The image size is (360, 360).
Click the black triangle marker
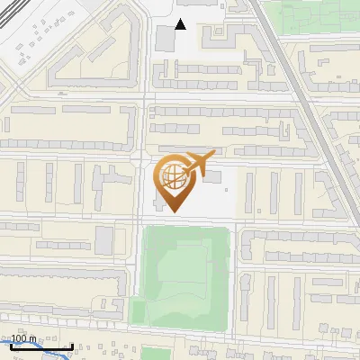point(181,25)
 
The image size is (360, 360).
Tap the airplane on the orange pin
point(199,162)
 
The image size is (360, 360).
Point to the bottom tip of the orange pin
point(174,212)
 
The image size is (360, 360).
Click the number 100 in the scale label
point(22,339)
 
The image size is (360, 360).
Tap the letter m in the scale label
point(34,339)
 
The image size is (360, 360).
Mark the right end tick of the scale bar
point(72,346)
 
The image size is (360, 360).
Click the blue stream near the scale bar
point(36,352)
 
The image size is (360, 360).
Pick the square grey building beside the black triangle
point(166,39)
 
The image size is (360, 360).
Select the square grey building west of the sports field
point(104,239)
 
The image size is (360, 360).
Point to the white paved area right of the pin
point(220,193)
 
